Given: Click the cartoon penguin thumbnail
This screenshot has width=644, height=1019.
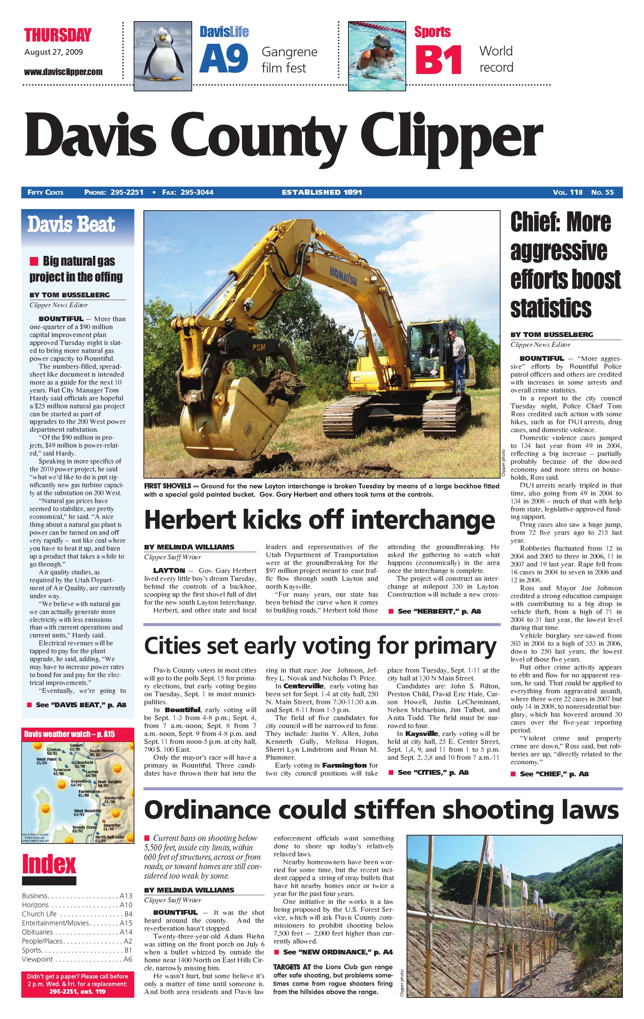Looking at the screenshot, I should point(163,56).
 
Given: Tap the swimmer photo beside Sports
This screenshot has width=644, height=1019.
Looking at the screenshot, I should point(377,56).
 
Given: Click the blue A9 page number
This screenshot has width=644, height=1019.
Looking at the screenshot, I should point(223,58).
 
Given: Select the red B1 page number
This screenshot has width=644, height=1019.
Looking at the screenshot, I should point(438,60).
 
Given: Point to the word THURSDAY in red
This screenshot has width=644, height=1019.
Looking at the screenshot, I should point(58,35).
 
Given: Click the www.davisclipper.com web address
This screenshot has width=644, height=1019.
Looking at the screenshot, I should point(63,72).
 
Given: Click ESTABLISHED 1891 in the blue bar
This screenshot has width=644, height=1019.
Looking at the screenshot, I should point(322,192).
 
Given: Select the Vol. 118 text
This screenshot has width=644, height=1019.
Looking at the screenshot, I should point(567,192).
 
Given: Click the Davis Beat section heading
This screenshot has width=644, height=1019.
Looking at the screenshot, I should point(71,224).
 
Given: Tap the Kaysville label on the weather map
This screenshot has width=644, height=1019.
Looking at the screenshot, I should point(79,781).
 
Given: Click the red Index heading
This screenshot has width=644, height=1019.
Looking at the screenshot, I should point(49,864).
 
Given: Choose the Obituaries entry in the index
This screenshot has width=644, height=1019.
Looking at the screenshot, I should point(38,931).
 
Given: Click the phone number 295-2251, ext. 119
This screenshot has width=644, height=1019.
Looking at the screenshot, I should point(77,991).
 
